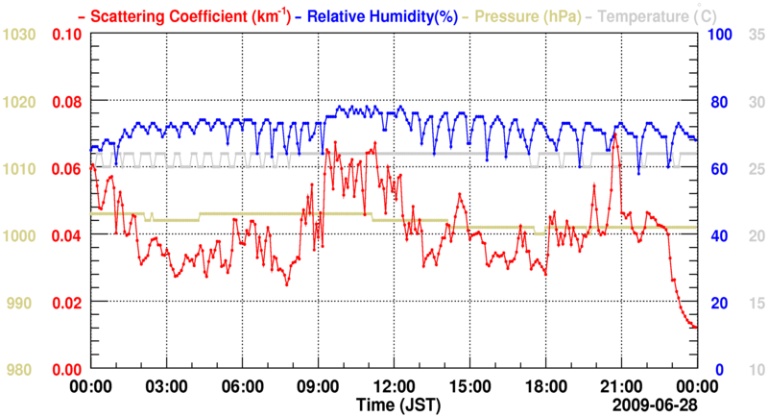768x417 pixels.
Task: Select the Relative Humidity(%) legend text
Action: pyautogui.click(x=373, y=15)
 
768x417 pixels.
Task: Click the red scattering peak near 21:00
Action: pyautogui.click(x=614, y=134)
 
